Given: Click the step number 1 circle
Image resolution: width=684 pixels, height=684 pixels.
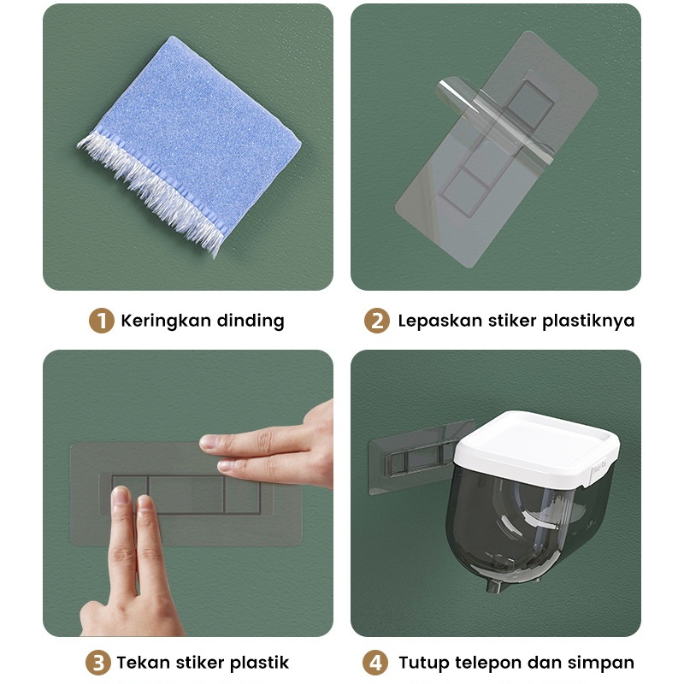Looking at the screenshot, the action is pyautogui.click(x=101, y=321).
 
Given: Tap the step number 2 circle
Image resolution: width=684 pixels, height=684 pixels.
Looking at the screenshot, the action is pyautogui.click(x=377, y=321).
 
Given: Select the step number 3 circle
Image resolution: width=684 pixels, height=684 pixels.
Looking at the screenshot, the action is pyautogui.click(x=98, y=663).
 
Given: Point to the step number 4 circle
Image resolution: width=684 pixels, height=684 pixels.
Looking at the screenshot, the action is pyautogui.click(x=375, y=663).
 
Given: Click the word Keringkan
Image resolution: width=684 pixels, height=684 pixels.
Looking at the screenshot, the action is pyautogui.click(x=166, y=321).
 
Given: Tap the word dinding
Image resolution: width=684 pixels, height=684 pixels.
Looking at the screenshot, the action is pyautogui.click(x=251, y=321).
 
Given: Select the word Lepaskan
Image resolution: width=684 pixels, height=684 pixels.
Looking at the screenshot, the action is pyautogui.click(x=439, y=321).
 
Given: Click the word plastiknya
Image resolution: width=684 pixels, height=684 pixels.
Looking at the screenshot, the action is pyautogui.click(x=588, y=321).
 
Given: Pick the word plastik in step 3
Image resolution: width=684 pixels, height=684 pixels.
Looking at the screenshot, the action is pyautogui.click(x=259, y=663).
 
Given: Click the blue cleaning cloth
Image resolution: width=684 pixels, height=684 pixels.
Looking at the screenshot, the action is pyautogui.click(x=190, y=144).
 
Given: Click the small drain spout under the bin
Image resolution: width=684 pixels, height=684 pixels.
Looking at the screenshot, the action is pyautogui.click(x=494, y=585).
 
